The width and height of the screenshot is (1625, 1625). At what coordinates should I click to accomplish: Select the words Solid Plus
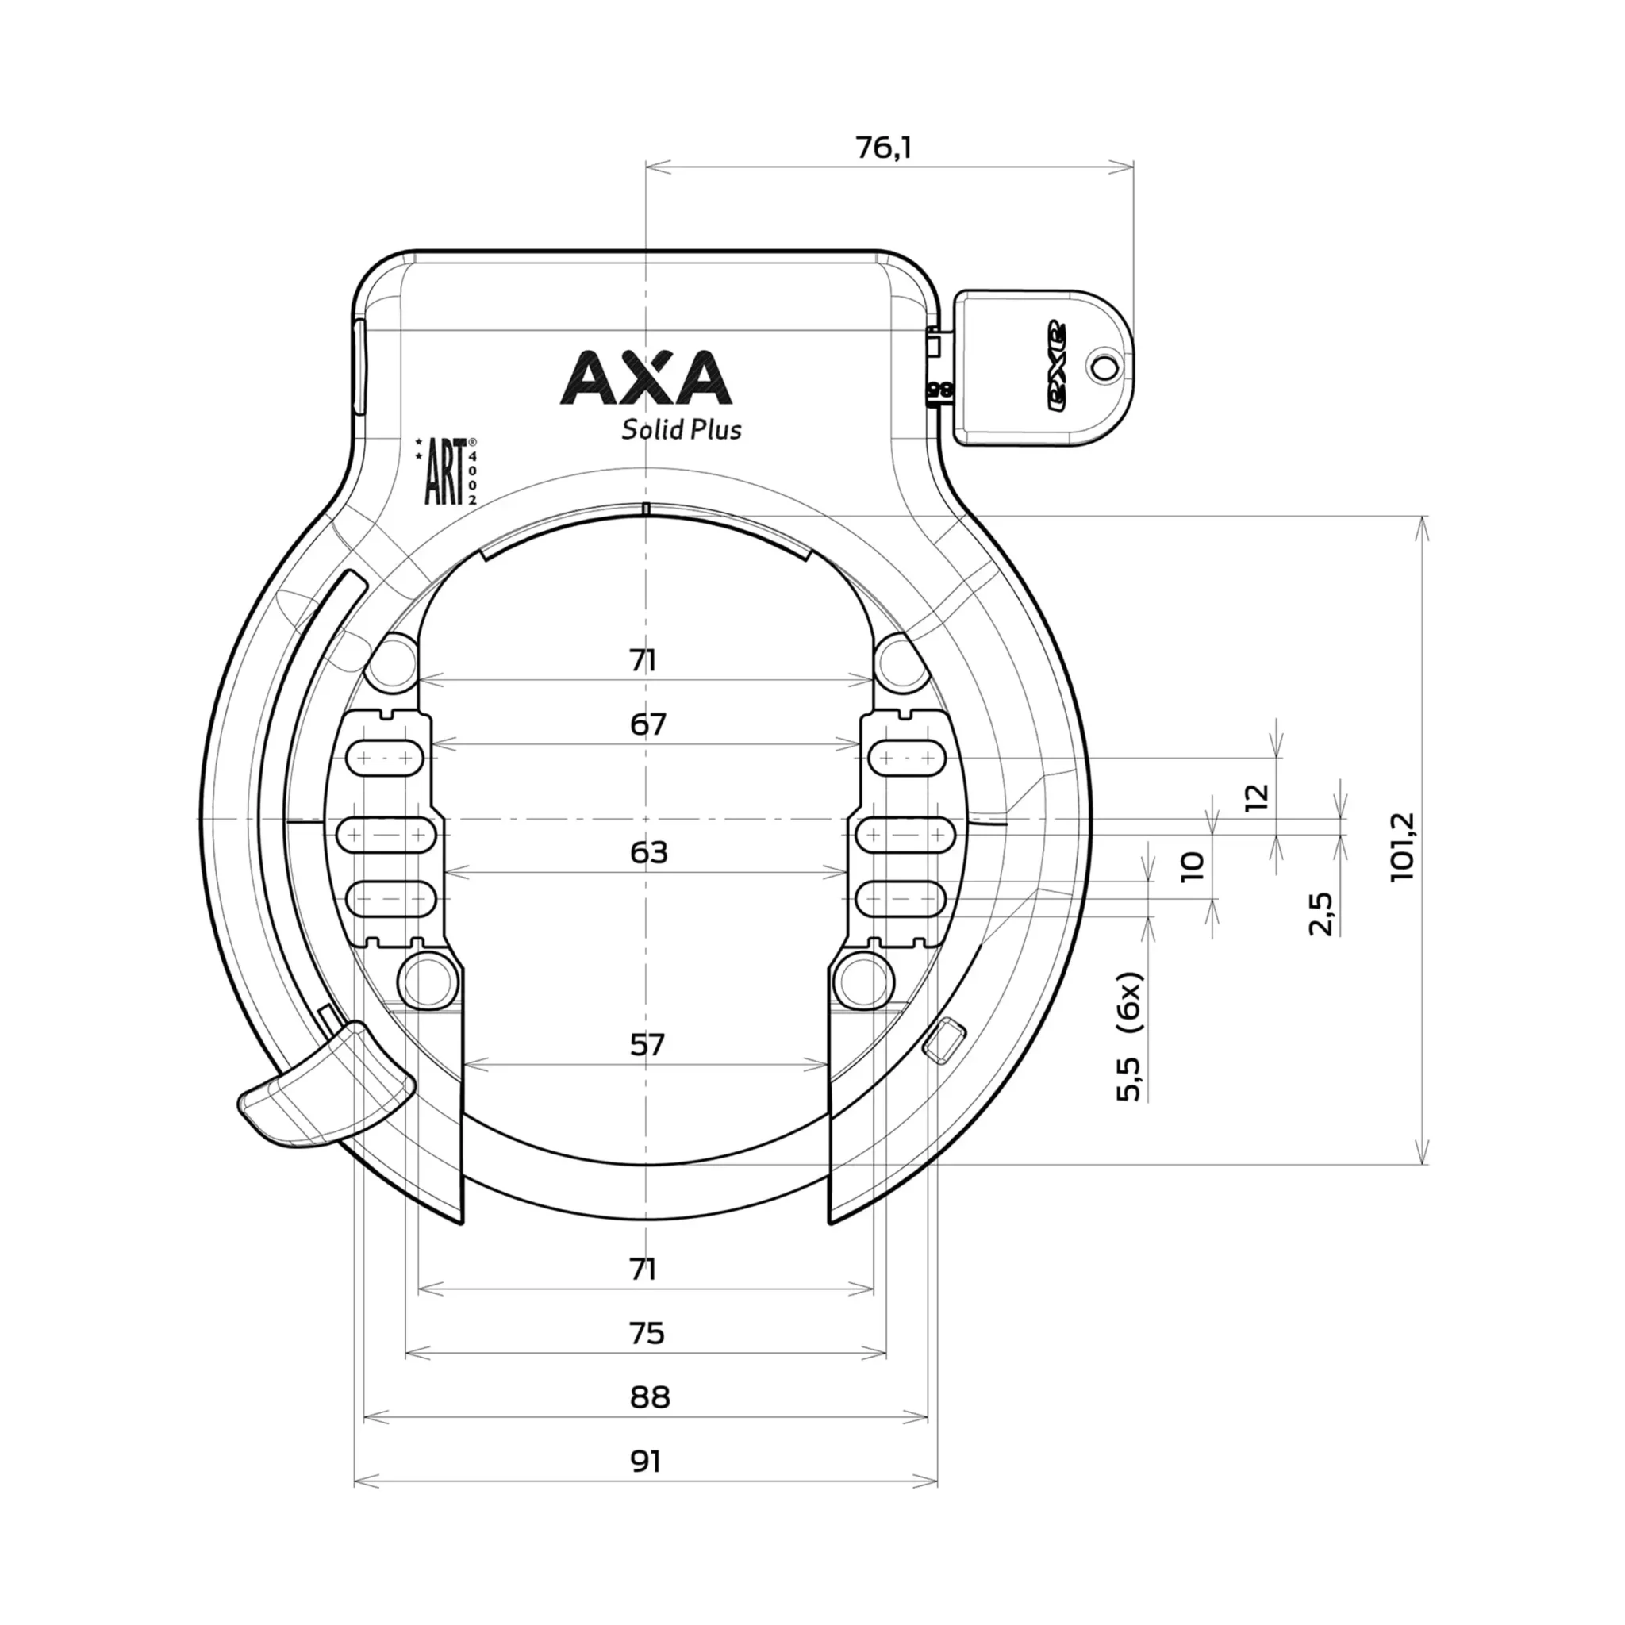[x=682, y=430]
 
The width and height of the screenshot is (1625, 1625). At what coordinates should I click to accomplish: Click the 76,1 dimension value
[x=883, y=148]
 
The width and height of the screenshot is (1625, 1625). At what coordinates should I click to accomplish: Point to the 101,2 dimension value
[x=1403, y=846]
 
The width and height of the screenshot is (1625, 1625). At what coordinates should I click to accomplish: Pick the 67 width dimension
[x=647, y=724]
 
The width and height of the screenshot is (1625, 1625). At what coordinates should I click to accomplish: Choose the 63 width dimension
[x=647, y=853]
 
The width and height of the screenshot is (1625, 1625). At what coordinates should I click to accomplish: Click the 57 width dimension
[x=647, y=1045]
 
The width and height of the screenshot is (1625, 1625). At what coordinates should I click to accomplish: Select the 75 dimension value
[x=646, y=1334]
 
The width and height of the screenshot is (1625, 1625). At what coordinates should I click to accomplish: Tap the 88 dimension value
[x=648, y=1398]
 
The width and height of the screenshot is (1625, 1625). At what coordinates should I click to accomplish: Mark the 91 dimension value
[x=646, y=1462]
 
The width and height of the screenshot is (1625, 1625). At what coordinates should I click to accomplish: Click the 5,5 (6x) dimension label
[x=1131, y=1036]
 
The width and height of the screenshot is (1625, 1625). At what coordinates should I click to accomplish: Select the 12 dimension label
[x=1256, y=796]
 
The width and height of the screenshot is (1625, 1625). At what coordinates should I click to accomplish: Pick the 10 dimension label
[x=1192, y=866]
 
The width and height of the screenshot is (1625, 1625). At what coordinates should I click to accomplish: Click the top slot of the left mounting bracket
[x=387, y=758]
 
